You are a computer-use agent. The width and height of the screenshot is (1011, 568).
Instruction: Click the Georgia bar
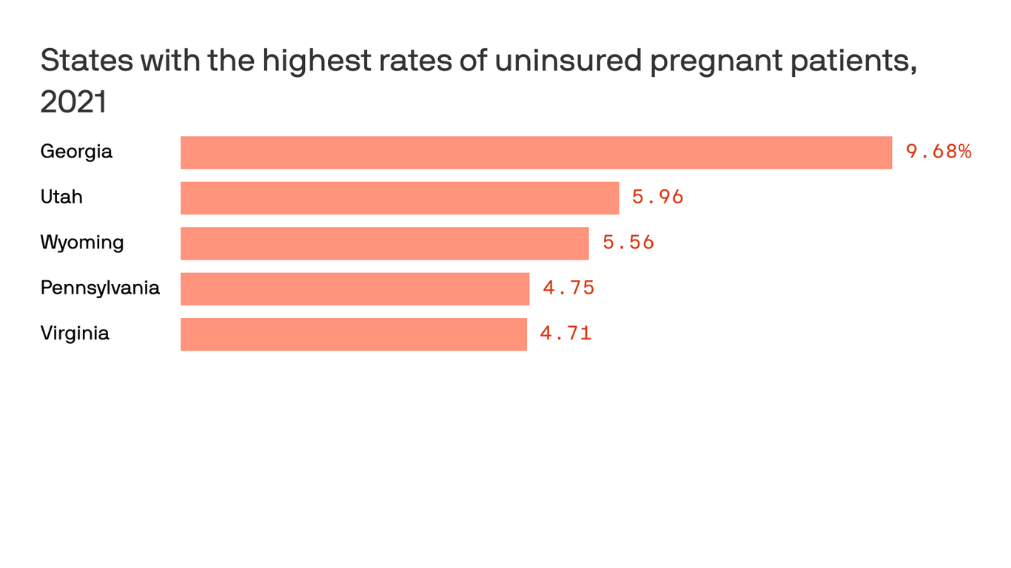tap(536, 152)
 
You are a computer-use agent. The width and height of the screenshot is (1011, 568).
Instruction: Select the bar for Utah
tap(400, 198)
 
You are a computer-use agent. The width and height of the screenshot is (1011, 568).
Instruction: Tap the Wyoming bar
tap(384, 243)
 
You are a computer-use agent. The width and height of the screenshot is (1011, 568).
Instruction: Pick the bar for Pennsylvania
tap(355, 288)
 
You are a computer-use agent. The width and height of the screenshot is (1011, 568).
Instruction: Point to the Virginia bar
tap(353, 334)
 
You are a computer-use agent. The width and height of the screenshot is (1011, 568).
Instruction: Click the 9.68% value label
tap(938, 152)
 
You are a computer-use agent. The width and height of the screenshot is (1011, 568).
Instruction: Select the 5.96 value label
tap(657, 197)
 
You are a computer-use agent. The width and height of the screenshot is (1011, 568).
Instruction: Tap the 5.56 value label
tap(628, 243)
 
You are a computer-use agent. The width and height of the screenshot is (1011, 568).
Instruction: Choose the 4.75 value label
tap(568, 288)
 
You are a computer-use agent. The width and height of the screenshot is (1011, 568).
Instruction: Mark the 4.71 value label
tap(565, 334)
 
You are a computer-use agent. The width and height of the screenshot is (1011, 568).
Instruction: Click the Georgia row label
tap(76, 152)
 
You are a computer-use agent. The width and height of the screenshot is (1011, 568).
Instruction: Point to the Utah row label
tap(61, 197)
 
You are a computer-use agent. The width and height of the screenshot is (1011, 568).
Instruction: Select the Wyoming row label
tap(82, 243)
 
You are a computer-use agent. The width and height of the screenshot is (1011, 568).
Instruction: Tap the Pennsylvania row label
tap(100, 288)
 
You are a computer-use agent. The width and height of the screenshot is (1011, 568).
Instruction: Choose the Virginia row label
tap(75, 334)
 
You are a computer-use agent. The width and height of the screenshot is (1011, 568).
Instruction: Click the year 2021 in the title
tap(73, 102)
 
